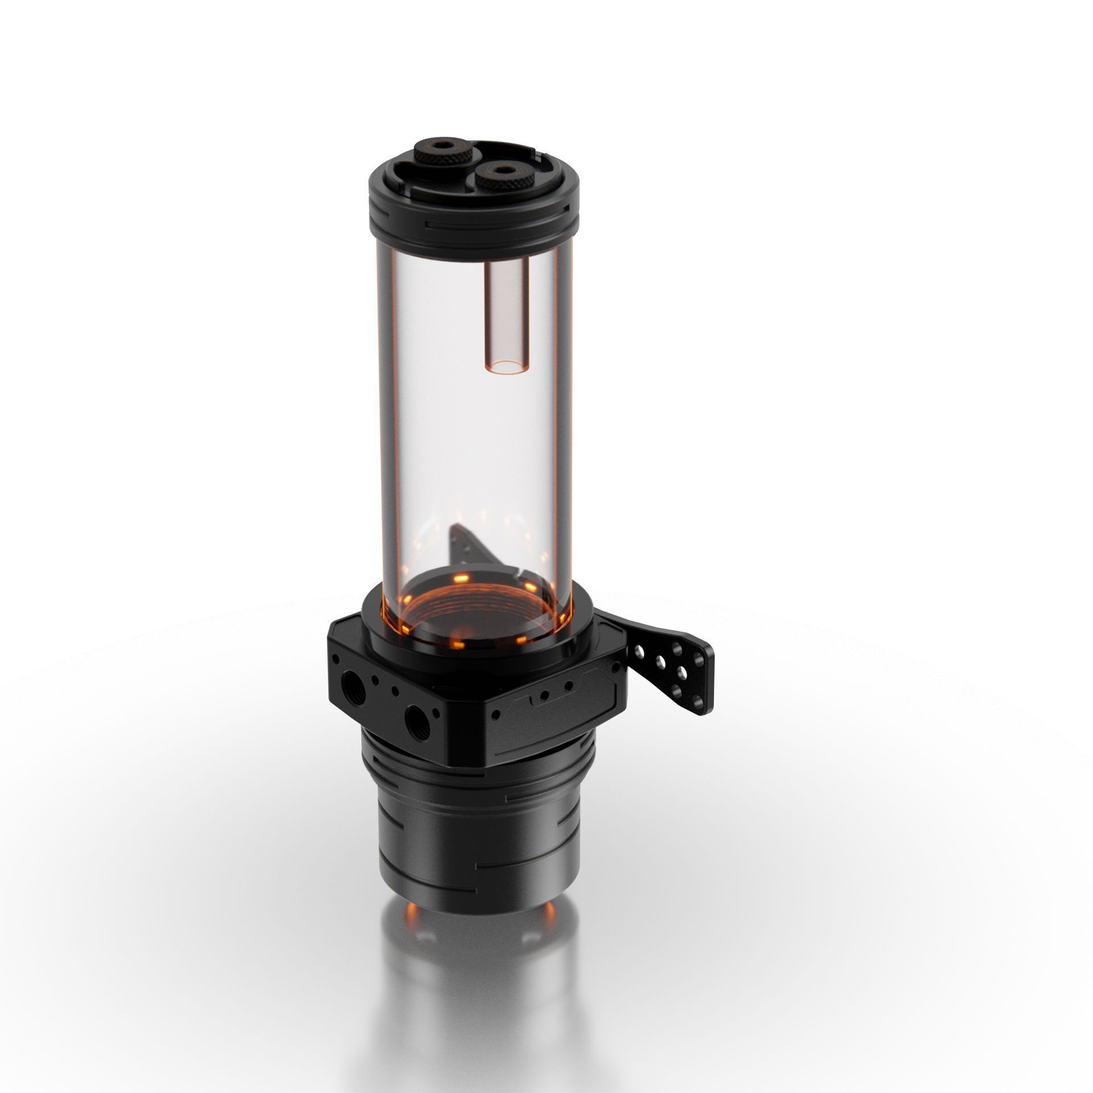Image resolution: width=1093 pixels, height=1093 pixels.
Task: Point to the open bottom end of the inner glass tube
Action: [504, 368]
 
